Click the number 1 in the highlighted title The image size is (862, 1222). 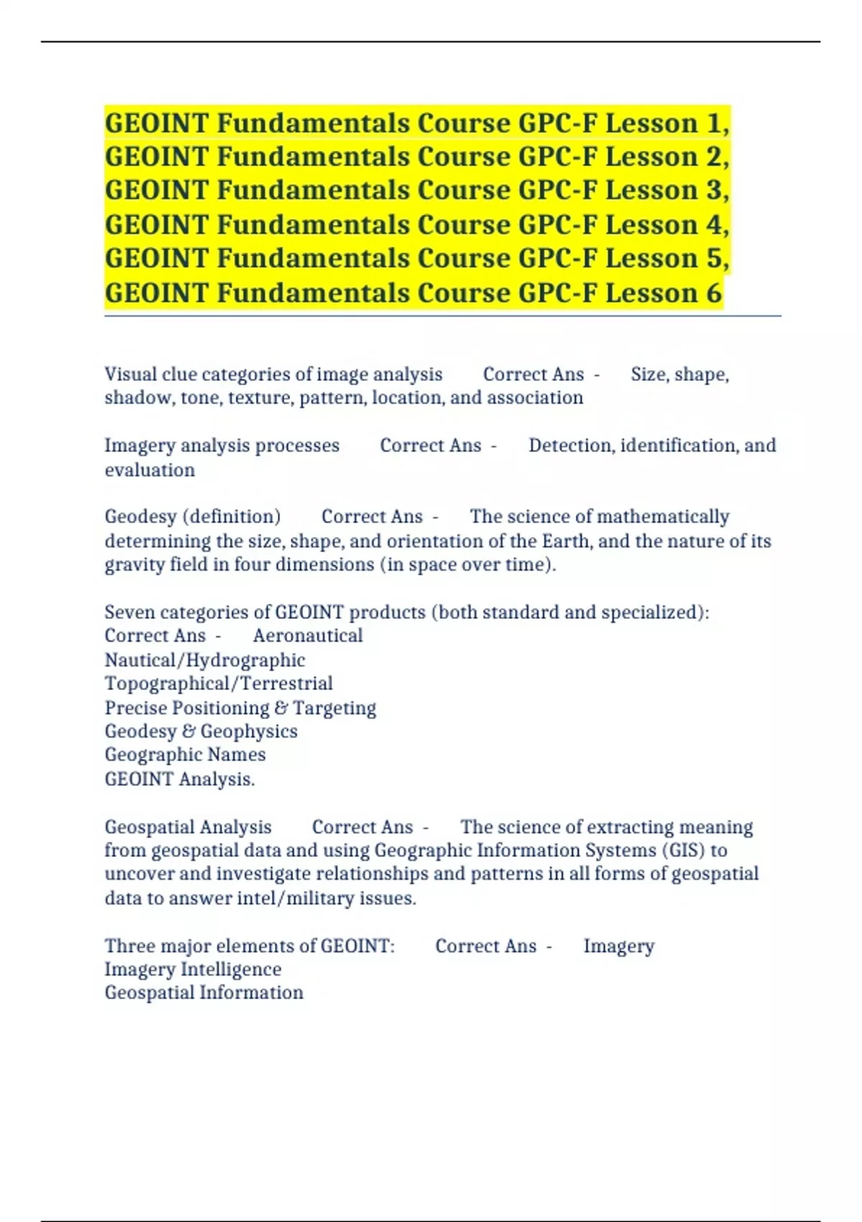pos(714,124)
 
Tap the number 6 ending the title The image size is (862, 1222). pos(713,293)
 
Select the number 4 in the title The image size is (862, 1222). pos(714,225)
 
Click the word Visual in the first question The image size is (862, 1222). pos(130,375)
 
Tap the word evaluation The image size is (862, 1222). pos(149,470)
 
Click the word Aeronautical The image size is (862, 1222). pos(307,636)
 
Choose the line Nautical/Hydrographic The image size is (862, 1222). pos(205,660)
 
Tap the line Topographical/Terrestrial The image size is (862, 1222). pos(218,684)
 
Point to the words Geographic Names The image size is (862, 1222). pos(185,755)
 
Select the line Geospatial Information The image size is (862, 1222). pos(203,993)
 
